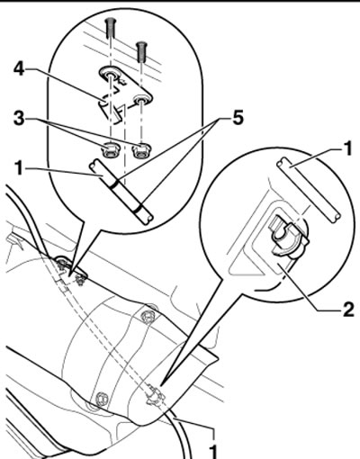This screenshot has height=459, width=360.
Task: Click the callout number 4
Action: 19,69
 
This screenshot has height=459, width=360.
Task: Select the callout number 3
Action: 19,119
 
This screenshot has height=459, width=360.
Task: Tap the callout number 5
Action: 238,118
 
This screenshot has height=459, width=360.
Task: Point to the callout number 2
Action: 348,310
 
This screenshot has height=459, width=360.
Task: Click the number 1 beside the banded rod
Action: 19,168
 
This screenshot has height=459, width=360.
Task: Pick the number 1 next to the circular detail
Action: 347,149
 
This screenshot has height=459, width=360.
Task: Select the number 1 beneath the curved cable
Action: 212,452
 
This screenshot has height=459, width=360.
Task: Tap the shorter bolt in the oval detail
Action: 141,51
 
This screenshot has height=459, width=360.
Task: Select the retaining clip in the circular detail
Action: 289,238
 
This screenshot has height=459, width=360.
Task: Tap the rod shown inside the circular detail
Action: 309,190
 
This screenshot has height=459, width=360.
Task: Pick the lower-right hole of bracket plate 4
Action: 140,100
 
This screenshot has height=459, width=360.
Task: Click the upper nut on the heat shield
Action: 148,316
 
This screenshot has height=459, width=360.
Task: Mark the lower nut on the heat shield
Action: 101,399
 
